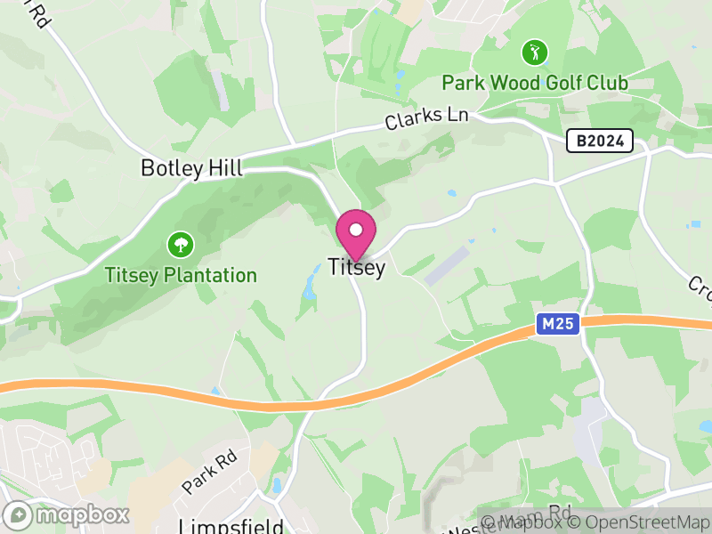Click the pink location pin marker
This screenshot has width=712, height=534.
(x=356, y=234)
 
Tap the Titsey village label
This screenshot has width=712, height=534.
(x=356, y=267)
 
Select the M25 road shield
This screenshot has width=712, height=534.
(x=558, y=326)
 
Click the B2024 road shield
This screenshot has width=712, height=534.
(x=600, y=141)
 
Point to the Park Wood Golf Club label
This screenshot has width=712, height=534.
(x=535, y=84)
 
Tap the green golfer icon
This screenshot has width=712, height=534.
(x=534, y=52)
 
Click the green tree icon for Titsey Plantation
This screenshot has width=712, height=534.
(x=181, y=243)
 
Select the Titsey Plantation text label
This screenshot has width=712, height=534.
(x=181, y=275)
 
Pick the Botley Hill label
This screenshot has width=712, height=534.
(x=191, y=168)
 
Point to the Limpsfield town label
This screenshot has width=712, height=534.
(x=231, y=525)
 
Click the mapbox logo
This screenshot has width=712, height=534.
(x=67, y=514)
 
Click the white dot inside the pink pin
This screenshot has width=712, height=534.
(x=356, y=230)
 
